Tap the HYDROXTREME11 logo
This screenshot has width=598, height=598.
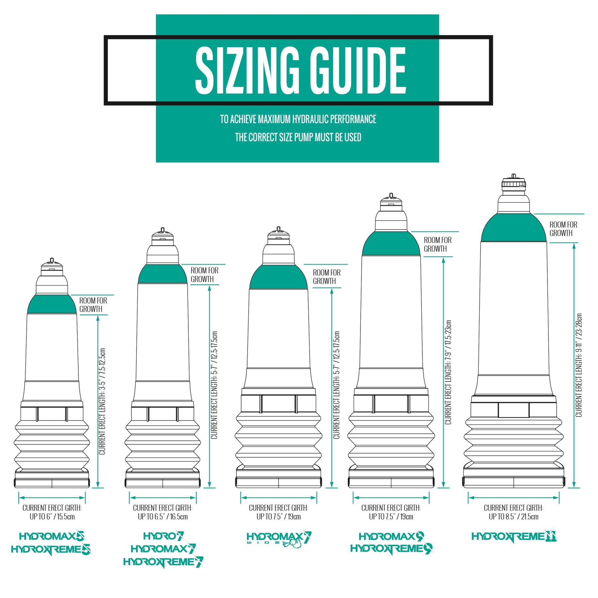514,537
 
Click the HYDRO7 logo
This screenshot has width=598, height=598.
163,536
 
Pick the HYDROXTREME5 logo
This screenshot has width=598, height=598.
51,549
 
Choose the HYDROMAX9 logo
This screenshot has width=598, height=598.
391,536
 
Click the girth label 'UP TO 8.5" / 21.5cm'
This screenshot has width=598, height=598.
513,517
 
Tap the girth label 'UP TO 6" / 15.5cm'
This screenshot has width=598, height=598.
52,517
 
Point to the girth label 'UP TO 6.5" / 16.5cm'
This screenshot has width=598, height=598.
163,517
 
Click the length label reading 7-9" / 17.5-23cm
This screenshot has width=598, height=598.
448,372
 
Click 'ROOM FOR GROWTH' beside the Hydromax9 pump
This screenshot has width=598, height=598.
438,244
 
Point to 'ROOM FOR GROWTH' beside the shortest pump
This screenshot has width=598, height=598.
93,305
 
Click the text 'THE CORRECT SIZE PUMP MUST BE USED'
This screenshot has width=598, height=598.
298,137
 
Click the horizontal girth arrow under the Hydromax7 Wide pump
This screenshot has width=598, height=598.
279,498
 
